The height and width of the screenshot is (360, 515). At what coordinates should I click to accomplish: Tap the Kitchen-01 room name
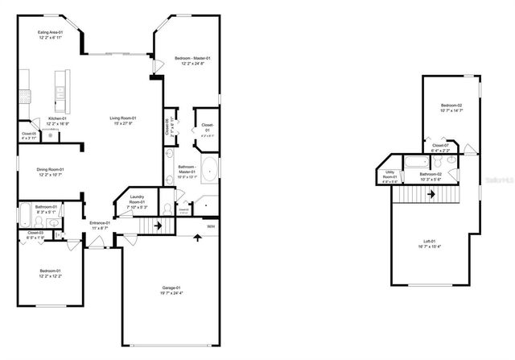56,118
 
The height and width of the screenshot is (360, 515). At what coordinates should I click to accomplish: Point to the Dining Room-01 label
50,169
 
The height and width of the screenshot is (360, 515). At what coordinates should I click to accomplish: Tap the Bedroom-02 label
451,106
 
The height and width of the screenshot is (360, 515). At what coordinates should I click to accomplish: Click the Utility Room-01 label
390,175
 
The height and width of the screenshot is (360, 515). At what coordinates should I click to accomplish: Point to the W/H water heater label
210,227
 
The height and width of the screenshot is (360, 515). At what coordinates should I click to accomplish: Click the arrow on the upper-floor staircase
431,193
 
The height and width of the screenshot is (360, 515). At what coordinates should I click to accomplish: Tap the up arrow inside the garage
196,238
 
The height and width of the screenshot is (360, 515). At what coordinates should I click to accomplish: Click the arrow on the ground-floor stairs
158,226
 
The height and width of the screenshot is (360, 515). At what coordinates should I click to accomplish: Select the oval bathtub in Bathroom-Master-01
209,170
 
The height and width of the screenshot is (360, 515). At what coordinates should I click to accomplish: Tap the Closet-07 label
440,146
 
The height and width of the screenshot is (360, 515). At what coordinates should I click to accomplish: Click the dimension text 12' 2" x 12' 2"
50,275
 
